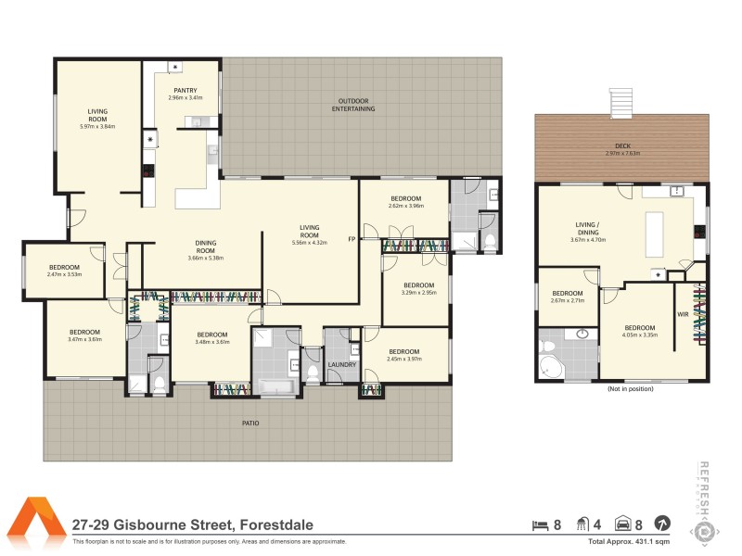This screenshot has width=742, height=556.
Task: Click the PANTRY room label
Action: tap(185, 91)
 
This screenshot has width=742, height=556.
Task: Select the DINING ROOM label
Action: tap(206, 247)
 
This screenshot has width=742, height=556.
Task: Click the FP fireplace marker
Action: tap(352, 239)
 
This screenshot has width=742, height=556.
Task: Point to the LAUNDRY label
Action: tap(342, 364)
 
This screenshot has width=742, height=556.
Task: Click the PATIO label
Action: tap(250, 423)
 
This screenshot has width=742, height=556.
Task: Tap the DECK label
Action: tap(623, 146)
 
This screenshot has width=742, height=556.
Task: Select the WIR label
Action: tap(684, 315)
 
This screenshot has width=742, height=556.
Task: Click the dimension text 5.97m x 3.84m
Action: tap(97, 127)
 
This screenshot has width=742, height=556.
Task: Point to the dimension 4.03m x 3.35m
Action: tap(640, 335)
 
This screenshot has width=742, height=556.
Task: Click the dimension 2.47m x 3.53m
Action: tap(65, 274)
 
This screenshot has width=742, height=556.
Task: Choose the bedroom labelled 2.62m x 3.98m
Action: tap(406, 202)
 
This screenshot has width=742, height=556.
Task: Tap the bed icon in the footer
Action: tap(539, 524)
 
